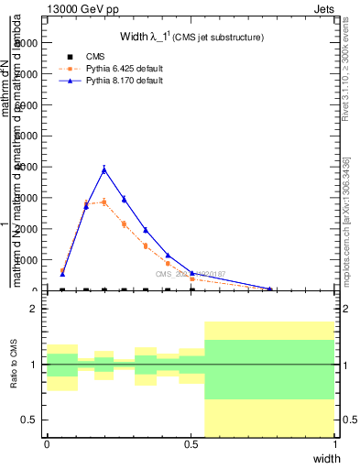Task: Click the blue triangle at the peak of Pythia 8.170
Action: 104,169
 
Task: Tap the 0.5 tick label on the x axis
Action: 191,443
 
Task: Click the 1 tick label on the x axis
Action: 335,443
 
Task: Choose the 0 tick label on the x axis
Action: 47,443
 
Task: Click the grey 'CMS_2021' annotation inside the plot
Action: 188,274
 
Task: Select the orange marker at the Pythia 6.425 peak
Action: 104,202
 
